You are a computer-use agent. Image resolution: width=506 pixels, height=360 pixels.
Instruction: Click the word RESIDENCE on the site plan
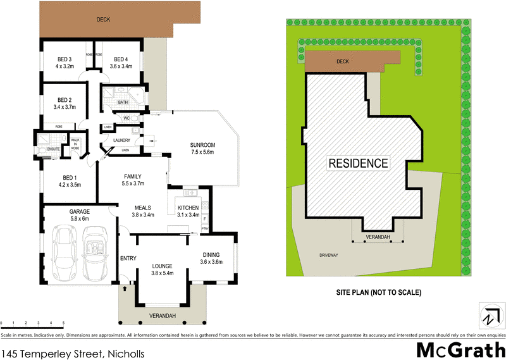(358, 163)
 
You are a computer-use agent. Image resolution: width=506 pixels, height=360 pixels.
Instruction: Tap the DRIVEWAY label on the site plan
(329, 255)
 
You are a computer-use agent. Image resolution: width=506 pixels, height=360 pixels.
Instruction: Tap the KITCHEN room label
(188, 208)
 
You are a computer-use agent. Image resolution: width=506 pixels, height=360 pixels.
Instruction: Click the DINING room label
(211, 254)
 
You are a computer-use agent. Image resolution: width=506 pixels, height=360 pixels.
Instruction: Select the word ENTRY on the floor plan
(128, 258)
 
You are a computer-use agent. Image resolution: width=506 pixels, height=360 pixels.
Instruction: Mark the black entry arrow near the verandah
(125, 289)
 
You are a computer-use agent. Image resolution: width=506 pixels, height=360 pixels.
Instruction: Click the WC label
(126, 118)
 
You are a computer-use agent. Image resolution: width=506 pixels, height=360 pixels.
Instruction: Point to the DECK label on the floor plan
(103, 20)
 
